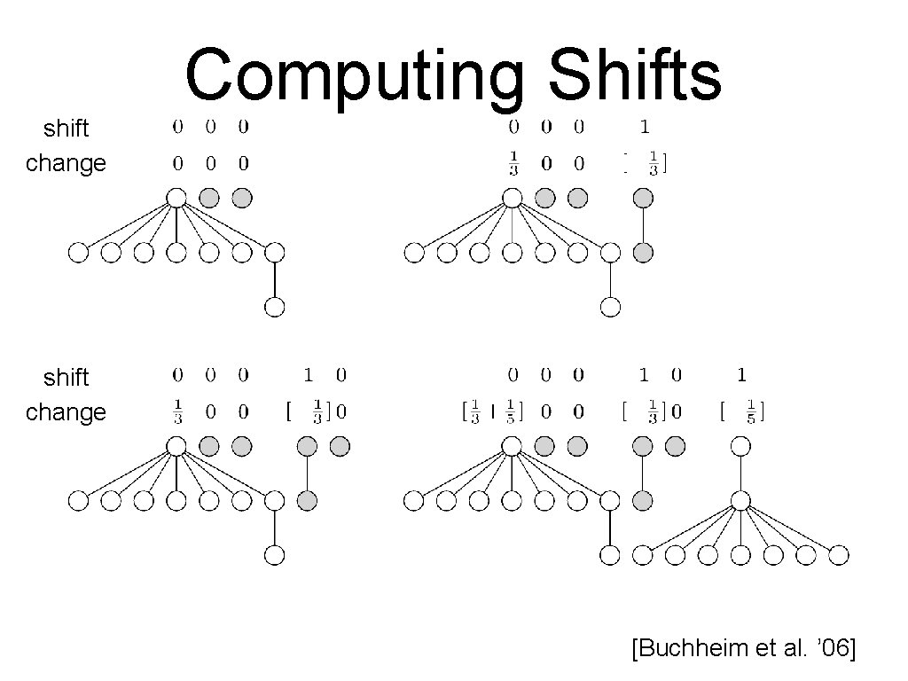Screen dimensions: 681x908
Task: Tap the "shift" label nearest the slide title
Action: coord(67,129)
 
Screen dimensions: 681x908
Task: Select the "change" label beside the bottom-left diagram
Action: coord(66,412)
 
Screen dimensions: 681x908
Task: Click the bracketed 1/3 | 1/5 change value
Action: coord(493,412)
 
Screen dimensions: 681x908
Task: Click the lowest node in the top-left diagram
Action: coord(275,308)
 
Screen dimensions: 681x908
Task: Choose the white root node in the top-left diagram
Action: coord(176,197)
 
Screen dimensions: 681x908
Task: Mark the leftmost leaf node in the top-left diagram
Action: coord(78,254)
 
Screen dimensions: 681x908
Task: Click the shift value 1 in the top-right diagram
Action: coord(645,128)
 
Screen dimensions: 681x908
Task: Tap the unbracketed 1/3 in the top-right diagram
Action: coord(513,164)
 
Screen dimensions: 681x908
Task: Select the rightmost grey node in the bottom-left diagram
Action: coord(340,446)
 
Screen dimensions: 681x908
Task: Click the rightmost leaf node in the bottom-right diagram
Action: coord(840,556)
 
